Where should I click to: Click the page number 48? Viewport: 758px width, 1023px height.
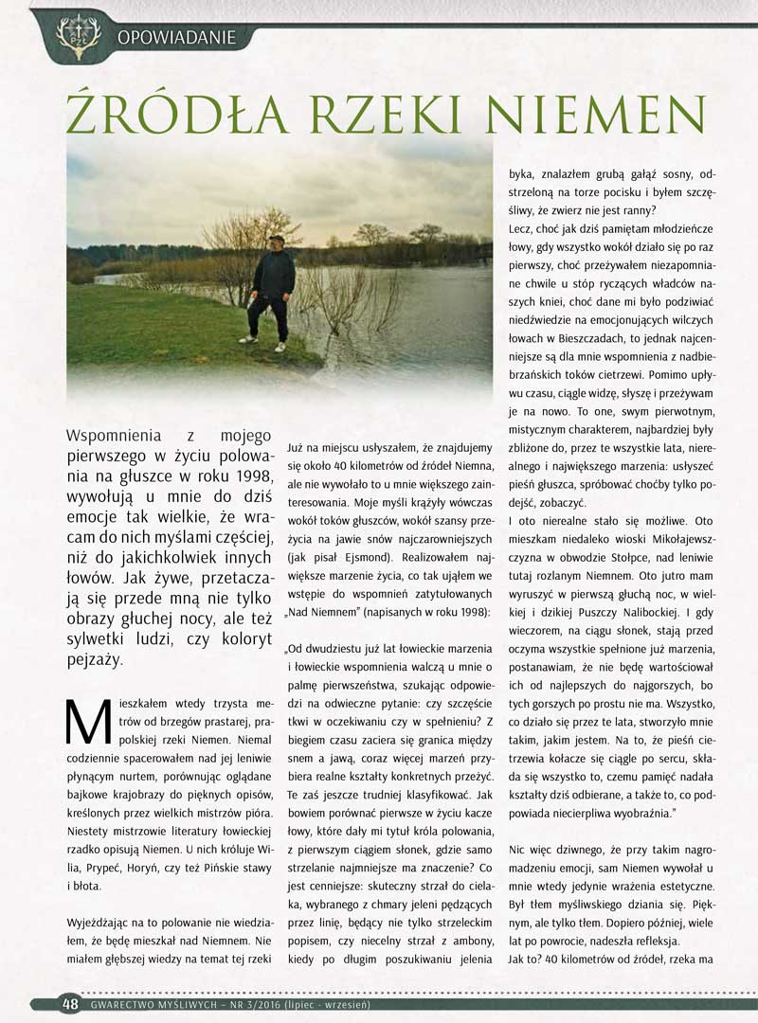[70, 1004]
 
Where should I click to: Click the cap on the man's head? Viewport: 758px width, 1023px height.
[275, 239]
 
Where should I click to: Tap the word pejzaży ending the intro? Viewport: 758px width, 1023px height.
[95, 660]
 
